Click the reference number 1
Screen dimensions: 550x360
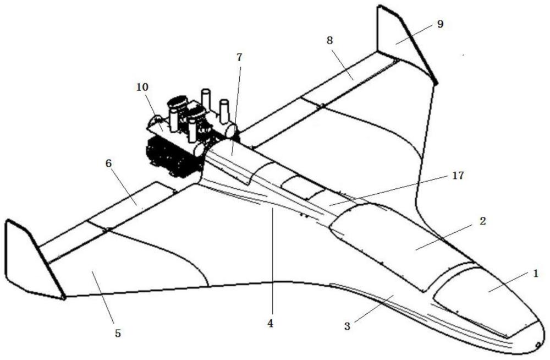[535, 274]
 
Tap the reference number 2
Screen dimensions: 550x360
[483, 221]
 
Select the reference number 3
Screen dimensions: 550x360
[347, 326]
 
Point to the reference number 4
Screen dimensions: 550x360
[269, 324]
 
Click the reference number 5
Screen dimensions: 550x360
[118, 333]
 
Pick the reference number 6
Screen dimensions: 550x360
[108, 163]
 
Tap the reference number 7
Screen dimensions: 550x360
[239, 57]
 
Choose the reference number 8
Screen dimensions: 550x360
[329, 40]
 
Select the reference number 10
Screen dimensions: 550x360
[142, 86]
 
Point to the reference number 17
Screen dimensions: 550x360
[458, 175]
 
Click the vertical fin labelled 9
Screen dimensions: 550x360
[403, 42]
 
